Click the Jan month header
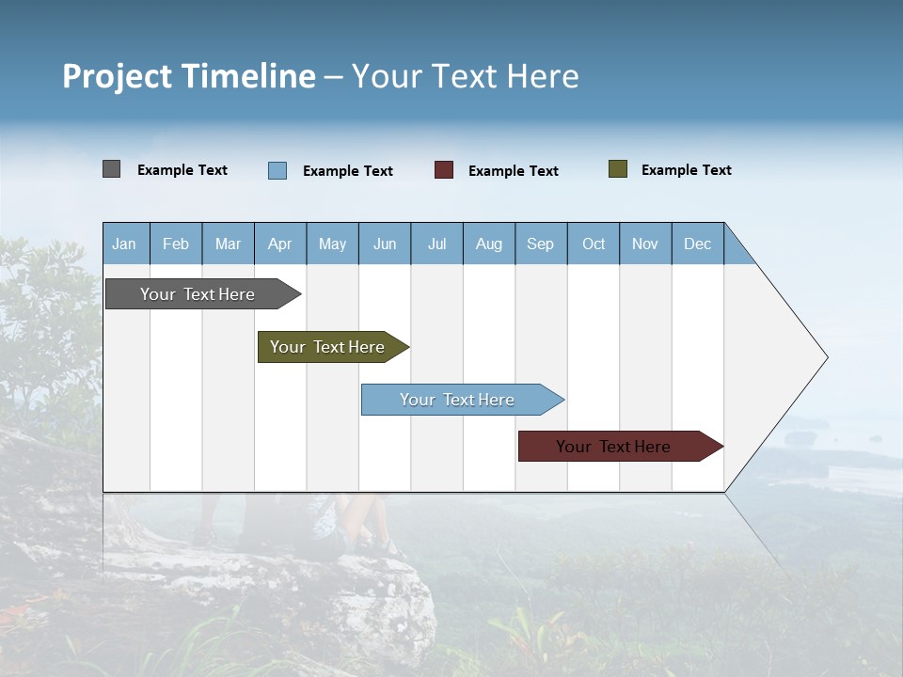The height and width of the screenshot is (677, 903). coord(125,244)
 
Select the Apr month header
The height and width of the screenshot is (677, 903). coord(280,244)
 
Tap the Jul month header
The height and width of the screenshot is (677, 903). coord(437,244)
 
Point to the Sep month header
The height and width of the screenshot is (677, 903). coord(541,244)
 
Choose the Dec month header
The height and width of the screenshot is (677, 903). coord(697,244)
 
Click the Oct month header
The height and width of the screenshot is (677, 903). coord(594,244)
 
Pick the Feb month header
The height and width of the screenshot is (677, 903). coord(176,244)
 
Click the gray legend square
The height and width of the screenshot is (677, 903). coord(111,169)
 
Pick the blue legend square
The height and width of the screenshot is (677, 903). coord(277,170)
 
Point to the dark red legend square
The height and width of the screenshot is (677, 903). coord(444,170)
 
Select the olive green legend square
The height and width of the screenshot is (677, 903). coord(617,169)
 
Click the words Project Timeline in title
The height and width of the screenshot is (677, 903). coord(189,76)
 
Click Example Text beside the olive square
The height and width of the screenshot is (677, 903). coord(686,170)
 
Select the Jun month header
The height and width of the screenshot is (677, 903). coord(385,244)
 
